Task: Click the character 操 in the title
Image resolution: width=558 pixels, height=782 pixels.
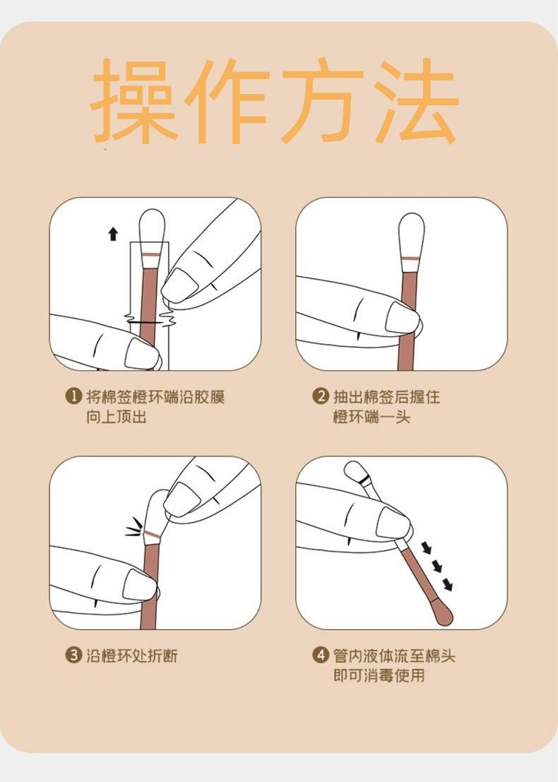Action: click(x=133, y=101)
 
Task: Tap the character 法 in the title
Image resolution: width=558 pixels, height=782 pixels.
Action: click(x=416, y=101)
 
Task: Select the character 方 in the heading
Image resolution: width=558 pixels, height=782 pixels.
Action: click(x=322, y=101)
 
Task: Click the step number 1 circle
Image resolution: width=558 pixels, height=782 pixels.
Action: click(x=73, y=396)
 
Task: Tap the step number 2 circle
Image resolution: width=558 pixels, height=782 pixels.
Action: click(x=320, y=396)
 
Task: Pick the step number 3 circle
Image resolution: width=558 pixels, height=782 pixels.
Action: click(x=73, y=655)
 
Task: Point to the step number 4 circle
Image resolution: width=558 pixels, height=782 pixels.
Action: click(x=320, y=655)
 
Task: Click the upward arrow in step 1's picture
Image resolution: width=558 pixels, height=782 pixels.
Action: click(x=113, y=233)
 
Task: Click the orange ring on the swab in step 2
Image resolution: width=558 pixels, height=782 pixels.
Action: click(x=411, y=259)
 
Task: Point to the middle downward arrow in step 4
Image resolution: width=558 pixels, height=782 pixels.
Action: click(x=437, y=566)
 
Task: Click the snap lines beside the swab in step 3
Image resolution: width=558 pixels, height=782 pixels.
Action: click(x=133, y=527)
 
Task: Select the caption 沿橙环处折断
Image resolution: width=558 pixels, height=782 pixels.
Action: click(x=131, y=656)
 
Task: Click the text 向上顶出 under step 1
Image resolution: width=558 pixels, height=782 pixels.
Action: click(x=116, y=417)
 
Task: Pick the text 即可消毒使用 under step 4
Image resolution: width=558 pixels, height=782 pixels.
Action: click(x=379, y=675)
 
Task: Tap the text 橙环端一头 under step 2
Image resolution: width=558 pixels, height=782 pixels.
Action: click(x=371, y=417)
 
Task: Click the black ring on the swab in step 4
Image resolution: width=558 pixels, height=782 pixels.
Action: click(x=365, y=480)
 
